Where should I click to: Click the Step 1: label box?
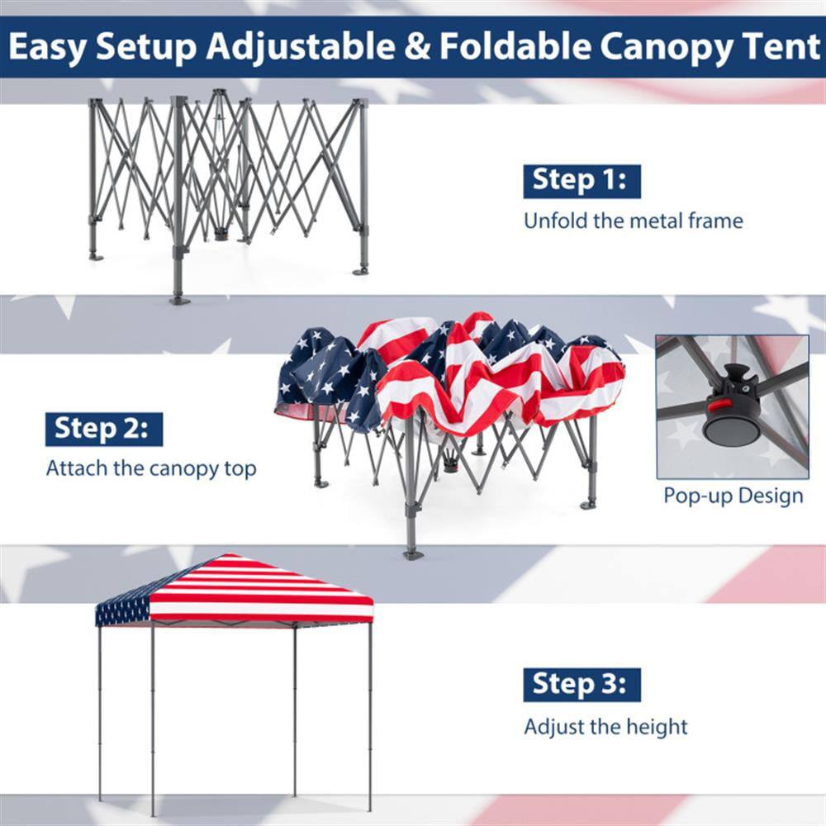pos(582,181)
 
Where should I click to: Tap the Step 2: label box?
pos(104,430)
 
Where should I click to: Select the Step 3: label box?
pos(582,685)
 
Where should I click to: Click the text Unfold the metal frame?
pos(633,221)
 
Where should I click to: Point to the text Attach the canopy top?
pos(151,468)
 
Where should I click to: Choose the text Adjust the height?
pos(605,727)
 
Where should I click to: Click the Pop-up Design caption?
pos(733,496)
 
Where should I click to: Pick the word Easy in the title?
pos(48,48)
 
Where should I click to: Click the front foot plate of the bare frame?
pos(179,300)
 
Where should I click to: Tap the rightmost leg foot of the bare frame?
pos(361,269)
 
